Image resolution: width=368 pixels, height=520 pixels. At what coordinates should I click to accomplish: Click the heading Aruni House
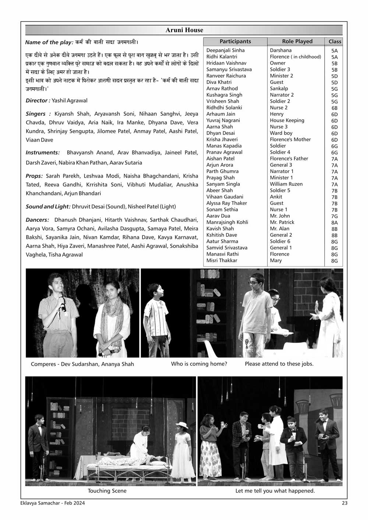184,30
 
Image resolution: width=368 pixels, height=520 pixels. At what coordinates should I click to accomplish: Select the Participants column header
235,42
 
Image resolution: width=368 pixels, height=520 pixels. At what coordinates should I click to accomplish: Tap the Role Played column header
297,42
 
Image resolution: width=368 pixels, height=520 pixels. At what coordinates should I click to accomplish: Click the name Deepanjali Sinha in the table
225,50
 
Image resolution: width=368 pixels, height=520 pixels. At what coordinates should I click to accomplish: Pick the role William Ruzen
286,184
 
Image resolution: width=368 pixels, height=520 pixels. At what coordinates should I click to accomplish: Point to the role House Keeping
287,120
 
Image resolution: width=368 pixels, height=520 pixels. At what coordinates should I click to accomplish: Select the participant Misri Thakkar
222,260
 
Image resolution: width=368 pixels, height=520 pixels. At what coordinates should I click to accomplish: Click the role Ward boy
281,133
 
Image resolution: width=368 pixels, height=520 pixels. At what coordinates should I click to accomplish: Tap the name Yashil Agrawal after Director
70,100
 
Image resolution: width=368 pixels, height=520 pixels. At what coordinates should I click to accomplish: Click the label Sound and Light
48,206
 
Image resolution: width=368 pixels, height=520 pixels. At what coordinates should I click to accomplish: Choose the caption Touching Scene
107,491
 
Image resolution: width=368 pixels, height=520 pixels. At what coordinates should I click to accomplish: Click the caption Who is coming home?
199,364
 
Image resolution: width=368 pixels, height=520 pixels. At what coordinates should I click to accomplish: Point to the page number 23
344,503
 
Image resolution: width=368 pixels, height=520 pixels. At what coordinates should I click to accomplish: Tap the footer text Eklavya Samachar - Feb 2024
53,503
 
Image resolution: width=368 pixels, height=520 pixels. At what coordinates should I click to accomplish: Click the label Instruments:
43,153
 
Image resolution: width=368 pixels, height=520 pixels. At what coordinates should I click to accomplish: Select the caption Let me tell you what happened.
275,491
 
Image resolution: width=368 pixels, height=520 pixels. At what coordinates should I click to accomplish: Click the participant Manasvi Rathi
222,254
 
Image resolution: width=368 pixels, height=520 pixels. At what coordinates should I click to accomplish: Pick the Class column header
335,42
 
